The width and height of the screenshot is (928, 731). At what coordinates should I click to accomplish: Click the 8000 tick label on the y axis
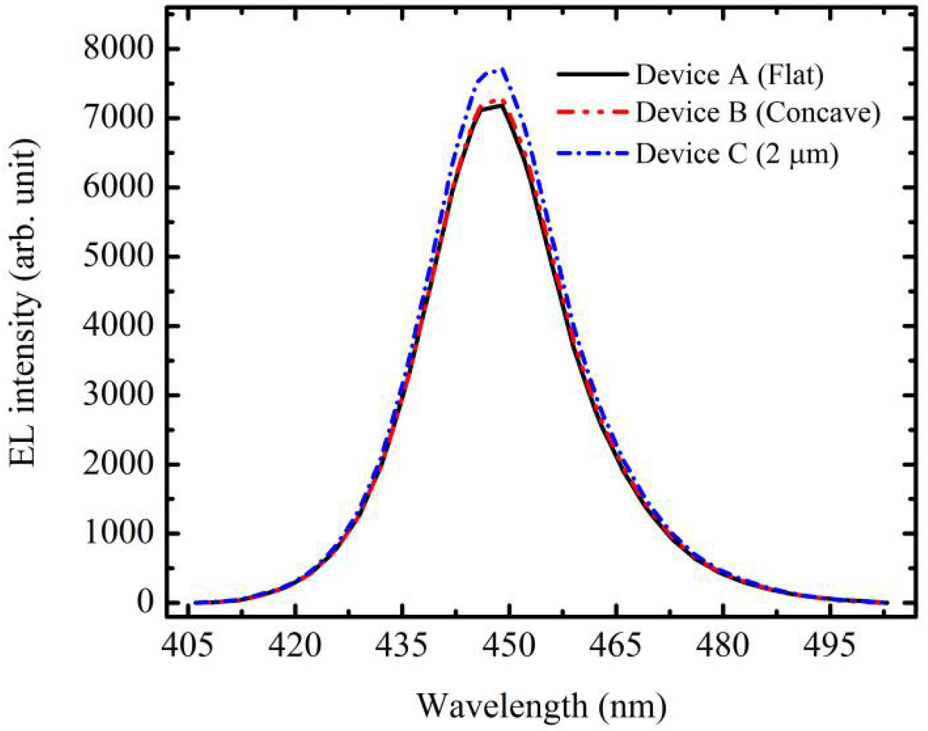coord(117,49)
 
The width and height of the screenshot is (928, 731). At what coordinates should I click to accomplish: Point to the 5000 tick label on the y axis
coord(117,257)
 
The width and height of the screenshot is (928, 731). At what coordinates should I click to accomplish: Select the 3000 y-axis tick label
coord(117,395)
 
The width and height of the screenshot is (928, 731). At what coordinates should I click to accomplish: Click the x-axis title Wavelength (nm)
coord(542,706)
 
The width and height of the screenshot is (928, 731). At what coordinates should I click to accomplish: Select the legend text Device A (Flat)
coord(730,75)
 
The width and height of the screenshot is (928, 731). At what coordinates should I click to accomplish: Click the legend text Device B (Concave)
coord(757,113)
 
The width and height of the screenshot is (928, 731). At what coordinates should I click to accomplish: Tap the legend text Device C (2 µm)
coord(737,153)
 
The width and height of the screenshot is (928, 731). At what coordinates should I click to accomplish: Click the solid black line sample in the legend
coord(592,74)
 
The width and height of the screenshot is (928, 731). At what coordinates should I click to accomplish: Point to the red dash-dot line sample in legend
coord(592,112)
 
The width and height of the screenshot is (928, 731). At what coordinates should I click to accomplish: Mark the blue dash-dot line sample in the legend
coord(592,152)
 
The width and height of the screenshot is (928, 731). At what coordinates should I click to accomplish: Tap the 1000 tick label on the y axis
coord(117,533)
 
